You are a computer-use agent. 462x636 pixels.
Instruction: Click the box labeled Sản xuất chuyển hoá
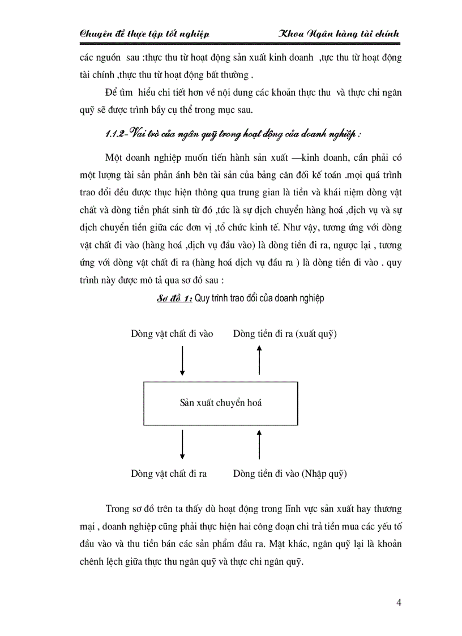(x=221, y=403)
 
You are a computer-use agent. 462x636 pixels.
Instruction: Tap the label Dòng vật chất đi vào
(x=172, y=334)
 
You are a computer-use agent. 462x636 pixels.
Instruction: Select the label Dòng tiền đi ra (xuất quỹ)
(x=285, y=334)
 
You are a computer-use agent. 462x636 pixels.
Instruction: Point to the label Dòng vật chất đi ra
(x=169, y=473)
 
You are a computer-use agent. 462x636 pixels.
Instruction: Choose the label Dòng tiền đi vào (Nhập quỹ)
(x=290, y=473)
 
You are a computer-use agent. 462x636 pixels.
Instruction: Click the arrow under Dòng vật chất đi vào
(x=182, y=361)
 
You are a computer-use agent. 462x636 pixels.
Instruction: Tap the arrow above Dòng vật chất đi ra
(x=182, y=444)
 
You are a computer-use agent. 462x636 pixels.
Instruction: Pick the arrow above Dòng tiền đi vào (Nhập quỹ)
(x=259, y=444)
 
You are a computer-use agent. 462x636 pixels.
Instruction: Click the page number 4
(x=399, y=601)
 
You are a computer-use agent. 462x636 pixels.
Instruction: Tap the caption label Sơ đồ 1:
(x=175, y=298)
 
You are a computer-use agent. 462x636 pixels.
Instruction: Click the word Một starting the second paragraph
(x=114, y=157)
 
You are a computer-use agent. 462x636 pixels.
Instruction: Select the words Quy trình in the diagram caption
(x=209, y=298)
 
